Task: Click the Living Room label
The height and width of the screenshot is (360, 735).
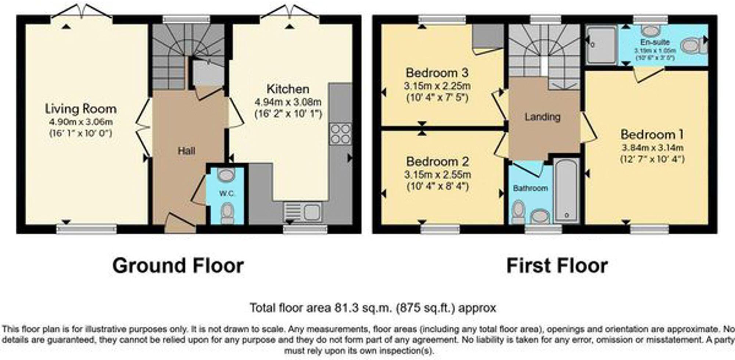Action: [81, 109]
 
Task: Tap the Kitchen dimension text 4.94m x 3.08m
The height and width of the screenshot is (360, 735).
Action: [288, 102]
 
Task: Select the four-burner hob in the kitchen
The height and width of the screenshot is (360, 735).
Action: [340, 134]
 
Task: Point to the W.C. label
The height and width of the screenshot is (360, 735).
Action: [227, 193]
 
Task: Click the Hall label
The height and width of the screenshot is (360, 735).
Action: [186, 151]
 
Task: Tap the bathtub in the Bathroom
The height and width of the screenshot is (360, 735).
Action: [566, 190]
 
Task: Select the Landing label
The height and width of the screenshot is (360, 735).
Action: [542, 117]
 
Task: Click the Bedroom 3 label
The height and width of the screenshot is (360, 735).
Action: [437, 72]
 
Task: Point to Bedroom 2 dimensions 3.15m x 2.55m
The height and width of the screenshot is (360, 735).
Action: [437, 174]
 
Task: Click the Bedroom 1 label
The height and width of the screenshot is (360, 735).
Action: [652, 134]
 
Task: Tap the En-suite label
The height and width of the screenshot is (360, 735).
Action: [655, 42]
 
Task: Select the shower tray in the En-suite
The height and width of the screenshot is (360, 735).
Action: [601, 45]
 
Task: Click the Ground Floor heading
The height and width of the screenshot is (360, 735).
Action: [178, 265]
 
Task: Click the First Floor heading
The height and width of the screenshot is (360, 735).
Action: [557, 265]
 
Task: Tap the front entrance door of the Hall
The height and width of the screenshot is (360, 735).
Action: [180, 223]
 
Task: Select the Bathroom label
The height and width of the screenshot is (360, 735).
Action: [530, 188]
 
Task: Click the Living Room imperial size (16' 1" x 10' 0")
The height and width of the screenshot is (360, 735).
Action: [81, 133]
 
